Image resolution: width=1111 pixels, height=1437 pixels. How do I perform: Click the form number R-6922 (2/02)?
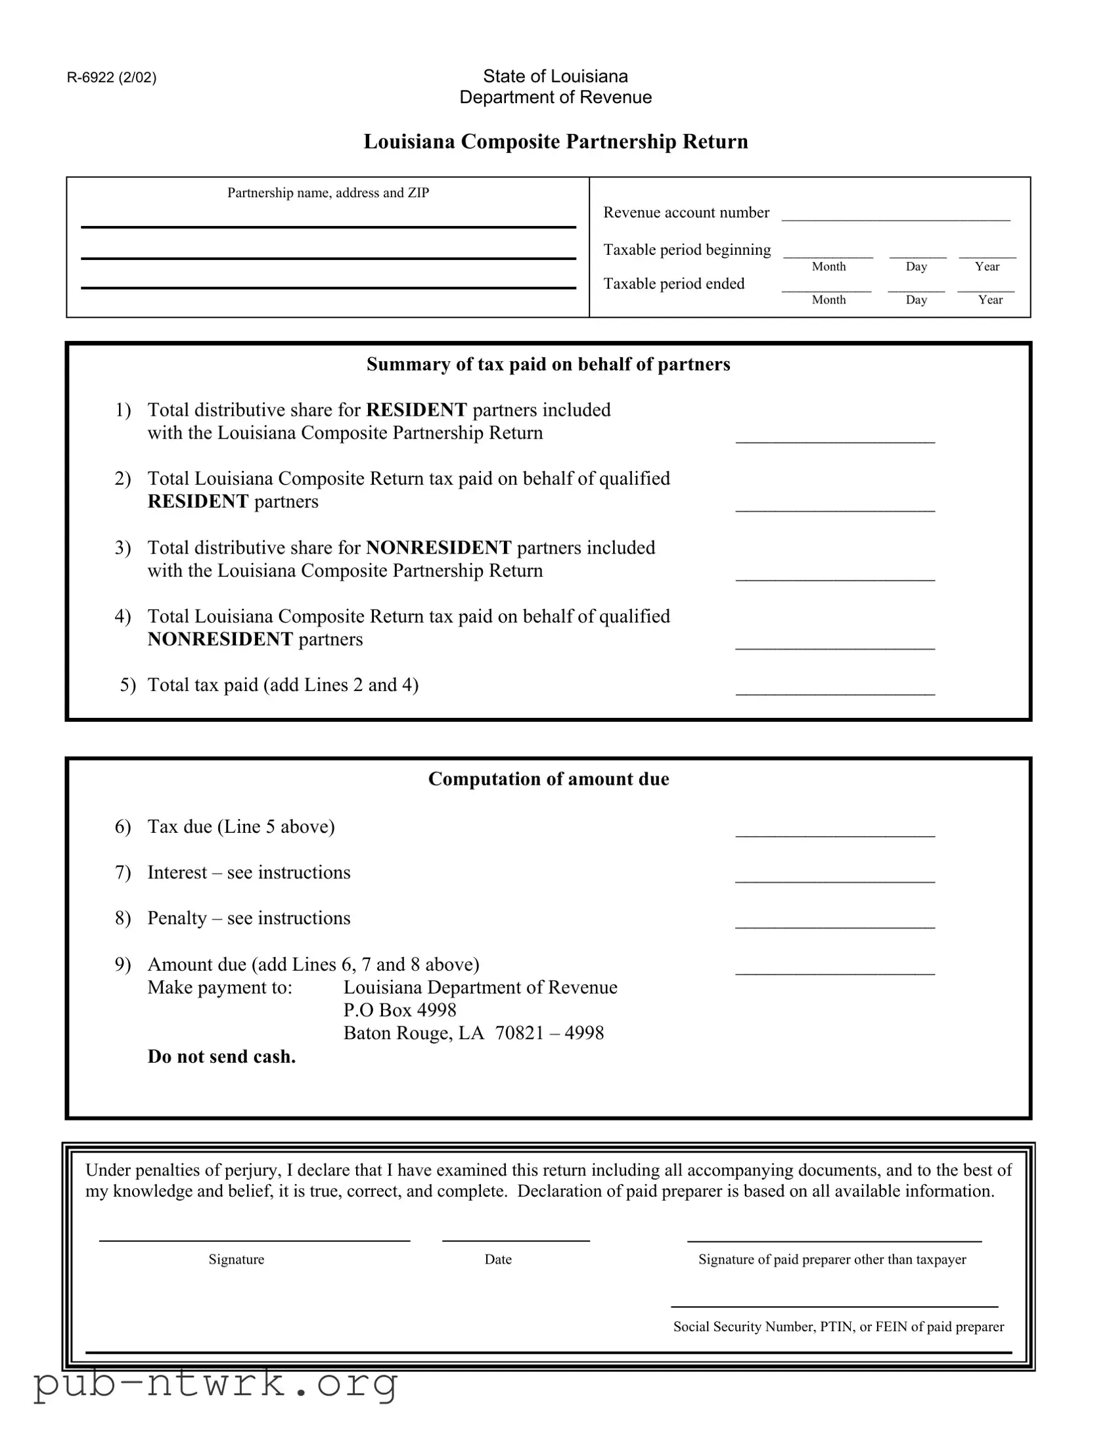[x=111, y=77]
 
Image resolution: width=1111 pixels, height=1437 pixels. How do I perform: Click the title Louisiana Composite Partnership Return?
[x=556, y=141]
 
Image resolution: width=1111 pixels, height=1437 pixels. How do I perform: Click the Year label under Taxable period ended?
[x=990, y=300]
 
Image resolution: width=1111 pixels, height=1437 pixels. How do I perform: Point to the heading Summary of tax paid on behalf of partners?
[x=548, y=365]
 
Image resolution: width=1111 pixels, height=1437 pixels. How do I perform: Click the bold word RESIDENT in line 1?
[x=416, y=410]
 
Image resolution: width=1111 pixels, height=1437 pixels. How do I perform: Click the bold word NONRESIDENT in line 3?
[x=438, y=548]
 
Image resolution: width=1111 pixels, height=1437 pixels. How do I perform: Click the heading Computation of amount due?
[x=548, y=779]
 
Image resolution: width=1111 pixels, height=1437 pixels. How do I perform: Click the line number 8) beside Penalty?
[x=123, y=918]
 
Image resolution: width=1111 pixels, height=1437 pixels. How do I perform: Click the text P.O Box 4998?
[x=399, y=1010]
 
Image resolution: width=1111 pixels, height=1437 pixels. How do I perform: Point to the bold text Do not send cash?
[x=221, y=1057]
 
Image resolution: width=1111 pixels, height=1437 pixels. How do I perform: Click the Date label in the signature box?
[x=497, y=1260]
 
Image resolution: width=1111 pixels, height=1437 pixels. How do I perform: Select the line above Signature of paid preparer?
[x=834, y=1240]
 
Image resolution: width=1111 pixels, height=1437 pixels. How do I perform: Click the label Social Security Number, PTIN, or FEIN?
[x=838, y=1327]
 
